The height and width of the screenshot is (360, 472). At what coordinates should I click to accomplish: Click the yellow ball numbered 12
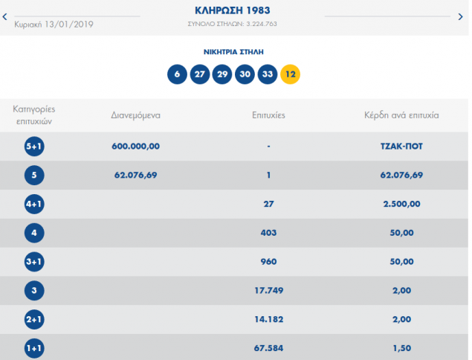[x=291, y=74]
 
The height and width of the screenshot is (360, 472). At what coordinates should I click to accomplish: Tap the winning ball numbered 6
[x=177, y=74]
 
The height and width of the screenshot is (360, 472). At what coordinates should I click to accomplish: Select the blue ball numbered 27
[x=200, y=74]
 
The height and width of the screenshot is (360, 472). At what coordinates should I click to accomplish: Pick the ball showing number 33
[x=268, y=74]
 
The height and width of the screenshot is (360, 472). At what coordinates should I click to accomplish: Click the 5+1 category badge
[x=34, y=147]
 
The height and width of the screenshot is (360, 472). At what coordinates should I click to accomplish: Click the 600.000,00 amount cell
[x=135, y=147]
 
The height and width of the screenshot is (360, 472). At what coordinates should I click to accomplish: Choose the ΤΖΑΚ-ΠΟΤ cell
[x=396, y=147]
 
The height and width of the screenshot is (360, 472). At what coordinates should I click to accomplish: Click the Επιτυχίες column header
[x=268, y=115]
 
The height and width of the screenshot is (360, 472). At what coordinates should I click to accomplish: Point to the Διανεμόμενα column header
[x=135, y=115]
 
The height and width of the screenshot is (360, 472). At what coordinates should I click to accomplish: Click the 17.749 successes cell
[x=268, y=290]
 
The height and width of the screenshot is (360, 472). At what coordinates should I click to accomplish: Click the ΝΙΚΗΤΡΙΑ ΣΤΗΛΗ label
[x=233, y=52]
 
